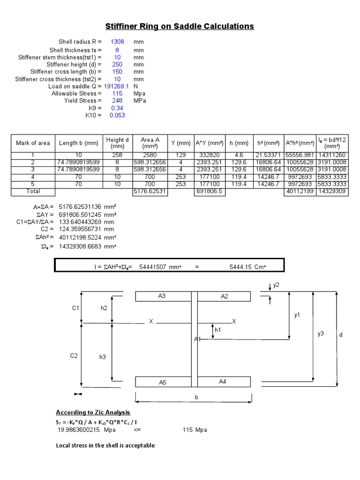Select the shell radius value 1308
pos(117,42)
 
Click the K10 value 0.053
pos(117,115)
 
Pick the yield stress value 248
pos(117,101)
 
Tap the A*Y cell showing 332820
pos(210,155)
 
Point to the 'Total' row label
pos(33,191)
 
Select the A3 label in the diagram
pos(162,296)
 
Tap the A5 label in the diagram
pos(162,382)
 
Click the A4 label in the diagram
pos(223,382)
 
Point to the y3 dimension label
pos(321,333)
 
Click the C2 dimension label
pos(74,356)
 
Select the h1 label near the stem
pos(217,330)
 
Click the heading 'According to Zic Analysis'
pos(93,412)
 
